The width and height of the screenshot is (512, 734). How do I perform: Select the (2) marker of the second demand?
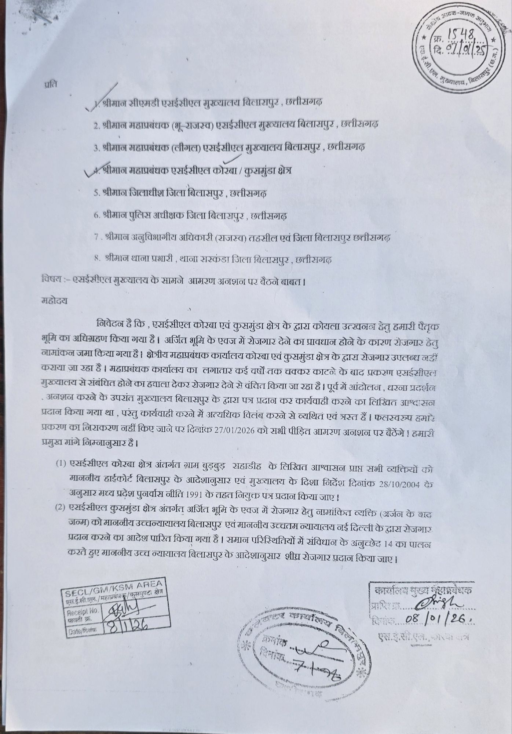[x=61, y=508]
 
